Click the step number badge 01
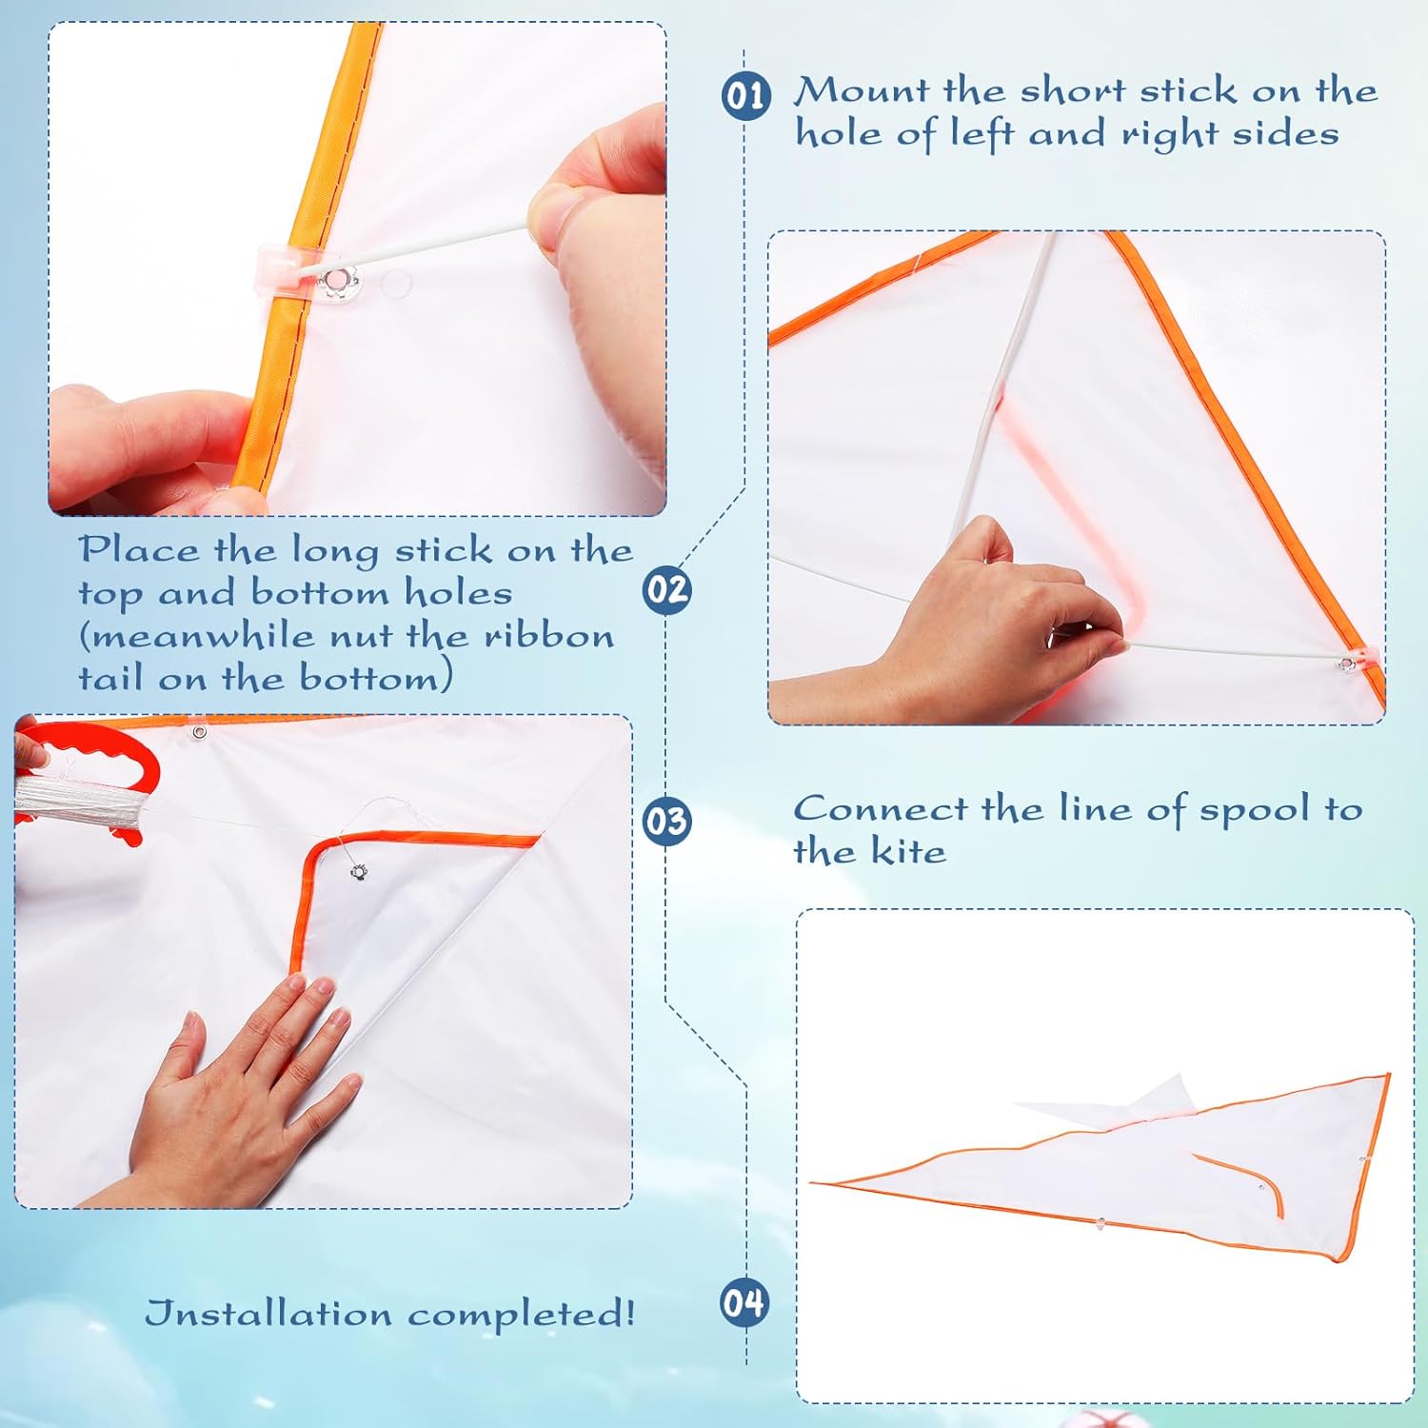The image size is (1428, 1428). [x=745, y=96]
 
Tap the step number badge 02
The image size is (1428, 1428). [x=666, y=589]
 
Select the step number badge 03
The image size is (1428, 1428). [x=666, y=821]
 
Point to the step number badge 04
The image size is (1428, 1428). [x=744, y=1302]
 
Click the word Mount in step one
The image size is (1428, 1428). [x=861, y=90]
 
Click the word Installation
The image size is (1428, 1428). [x=268, y=1314]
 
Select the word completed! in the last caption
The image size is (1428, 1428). [x=522, y=1314]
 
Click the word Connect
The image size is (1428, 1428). [x=881, y=809]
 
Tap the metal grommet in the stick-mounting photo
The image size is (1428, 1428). [x=337, y=281]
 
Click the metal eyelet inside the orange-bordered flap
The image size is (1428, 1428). [x=358, y=871]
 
